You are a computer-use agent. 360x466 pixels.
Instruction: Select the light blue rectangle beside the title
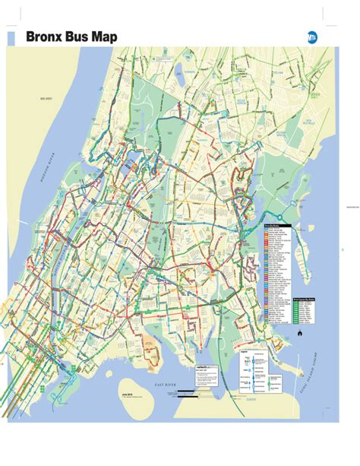(11, 36)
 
